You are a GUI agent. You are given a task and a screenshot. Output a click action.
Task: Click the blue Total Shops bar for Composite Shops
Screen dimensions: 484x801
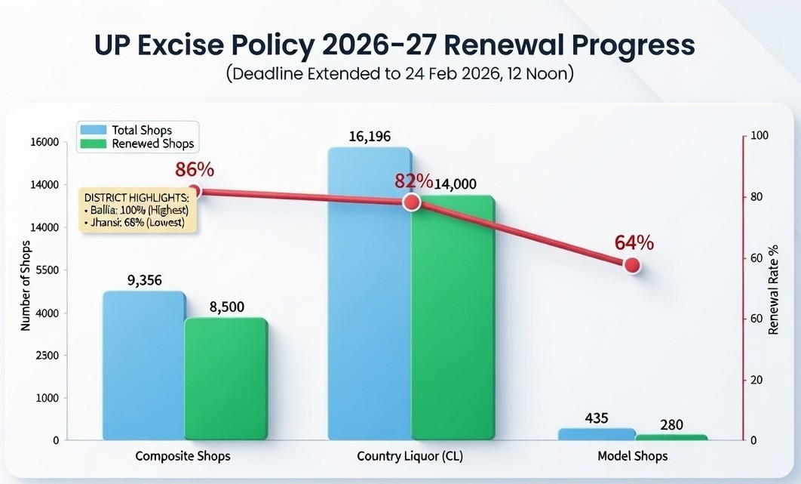tap(143, 365)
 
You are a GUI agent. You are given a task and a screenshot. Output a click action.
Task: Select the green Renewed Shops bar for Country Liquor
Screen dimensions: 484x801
tap(453, 317)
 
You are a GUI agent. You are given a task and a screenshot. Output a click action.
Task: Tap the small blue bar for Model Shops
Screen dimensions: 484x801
tap(597, 434)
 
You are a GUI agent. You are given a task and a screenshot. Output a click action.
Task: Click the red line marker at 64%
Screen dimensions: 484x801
tap(632, 265)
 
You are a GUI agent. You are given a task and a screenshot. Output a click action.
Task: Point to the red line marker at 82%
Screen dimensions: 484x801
tap(411, 202)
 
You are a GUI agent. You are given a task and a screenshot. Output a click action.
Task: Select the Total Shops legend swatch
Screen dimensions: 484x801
tap(92, 130)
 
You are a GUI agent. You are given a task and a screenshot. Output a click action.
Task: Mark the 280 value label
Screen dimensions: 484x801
tap(671, 425)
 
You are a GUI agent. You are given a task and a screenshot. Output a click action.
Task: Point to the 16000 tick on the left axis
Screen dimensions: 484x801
tap(44, 143)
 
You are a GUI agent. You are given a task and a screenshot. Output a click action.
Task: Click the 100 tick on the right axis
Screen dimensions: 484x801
tap(759, 136)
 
